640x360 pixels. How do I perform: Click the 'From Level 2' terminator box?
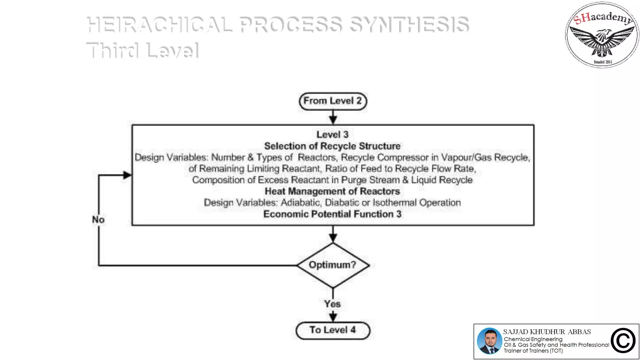tap(332, 101)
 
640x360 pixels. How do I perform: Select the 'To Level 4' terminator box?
tap(332, 330)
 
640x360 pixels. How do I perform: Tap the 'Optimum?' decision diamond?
tap(332, 265)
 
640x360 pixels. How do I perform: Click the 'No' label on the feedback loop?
tap(98, 220)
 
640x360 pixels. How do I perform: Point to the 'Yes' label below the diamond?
tap(332, 304)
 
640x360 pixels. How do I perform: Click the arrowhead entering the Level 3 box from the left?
tap(127, 175)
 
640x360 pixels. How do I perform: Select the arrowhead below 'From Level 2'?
tap(333, 120)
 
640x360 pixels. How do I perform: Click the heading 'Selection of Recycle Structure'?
tap(332, 146)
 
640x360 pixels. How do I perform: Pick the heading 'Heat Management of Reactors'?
tap(332, 191)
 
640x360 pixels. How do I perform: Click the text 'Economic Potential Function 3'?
tap(332, 214)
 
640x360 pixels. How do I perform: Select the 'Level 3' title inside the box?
tap(332, 135)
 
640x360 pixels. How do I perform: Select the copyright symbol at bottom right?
tap(623, 341)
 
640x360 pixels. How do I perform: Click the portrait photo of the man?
tap(489, 341)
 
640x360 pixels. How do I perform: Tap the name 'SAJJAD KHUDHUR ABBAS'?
tap(547, 332)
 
